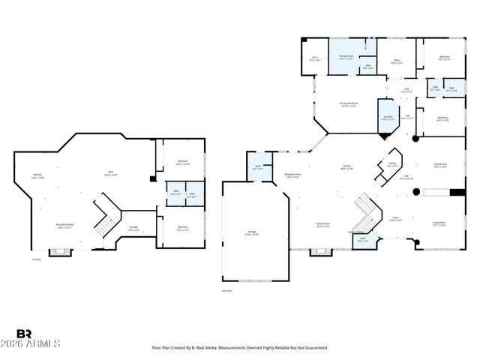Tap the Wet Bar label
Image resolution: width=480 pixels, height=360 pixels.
38,176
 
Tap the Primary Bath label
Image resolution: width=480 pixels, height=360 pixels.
346,57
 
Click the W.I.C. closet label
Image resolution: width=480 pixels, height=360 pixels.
314,58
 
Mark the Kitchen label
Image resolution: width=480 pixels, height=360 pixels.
347,167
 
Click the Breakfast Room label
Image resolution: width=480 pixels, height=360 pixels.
292,176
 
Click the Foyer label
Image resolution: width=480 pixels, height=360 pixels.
395,219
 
